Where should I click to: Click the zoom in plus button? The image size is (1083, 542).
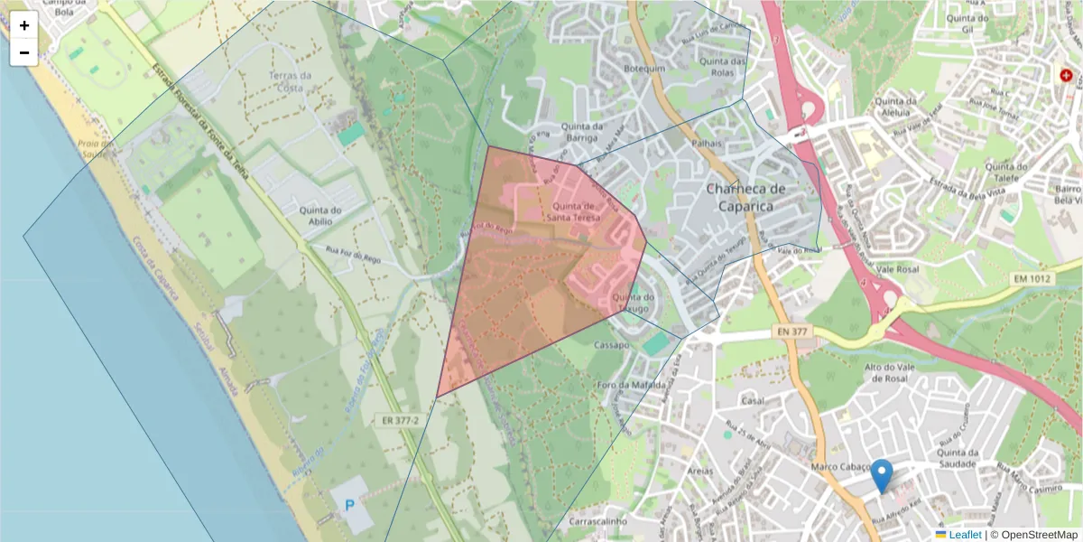point(24,25)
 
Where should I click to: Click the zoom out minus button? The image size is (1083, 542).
point(24,51)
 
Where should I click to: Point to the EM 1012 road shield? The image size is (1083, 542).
point(1032,279)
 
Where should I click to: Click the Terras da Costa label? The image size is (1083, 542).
point(290,81)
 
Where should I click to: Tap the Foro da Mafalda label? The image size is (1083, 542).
point(632,385)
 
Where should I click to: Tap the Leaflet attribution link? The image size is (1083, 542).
point(964,534)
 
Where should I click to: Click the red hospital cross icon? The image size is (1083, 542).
point(1067,77)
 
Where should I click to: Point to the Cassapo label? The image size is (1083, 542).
point(612,345)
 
